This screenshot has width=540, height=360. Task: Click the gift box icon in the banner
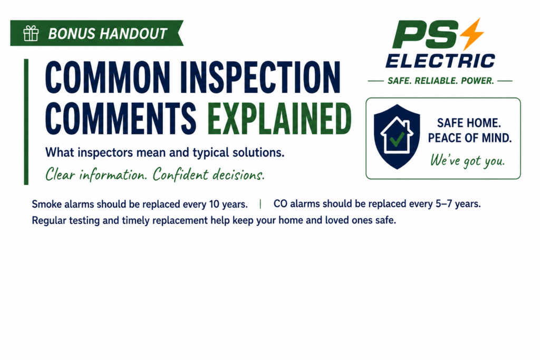[31, 33]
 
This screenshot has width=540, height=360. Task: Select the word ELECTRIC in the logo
[440, 61]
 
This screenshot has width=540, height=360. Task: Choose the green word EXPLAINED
[279, 119]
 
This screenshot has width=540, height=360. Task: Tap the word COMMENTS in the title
[121, 119]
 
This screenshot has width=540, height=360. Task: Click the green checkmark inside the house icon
[397, 139]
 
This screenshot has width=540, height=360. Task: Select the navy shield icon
[397, 137]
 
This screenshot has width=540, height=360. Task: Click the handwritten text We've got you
[467, 161]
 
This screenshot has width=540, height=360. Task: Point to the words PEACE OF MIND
[470, 138]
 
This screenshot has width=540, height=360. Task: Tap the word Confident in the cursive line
[181, 174]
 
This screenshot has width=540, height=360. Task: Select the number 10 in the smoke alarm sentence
[214, 204]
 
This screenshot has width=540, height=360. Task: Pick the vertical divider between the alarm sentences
[261, 204]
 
